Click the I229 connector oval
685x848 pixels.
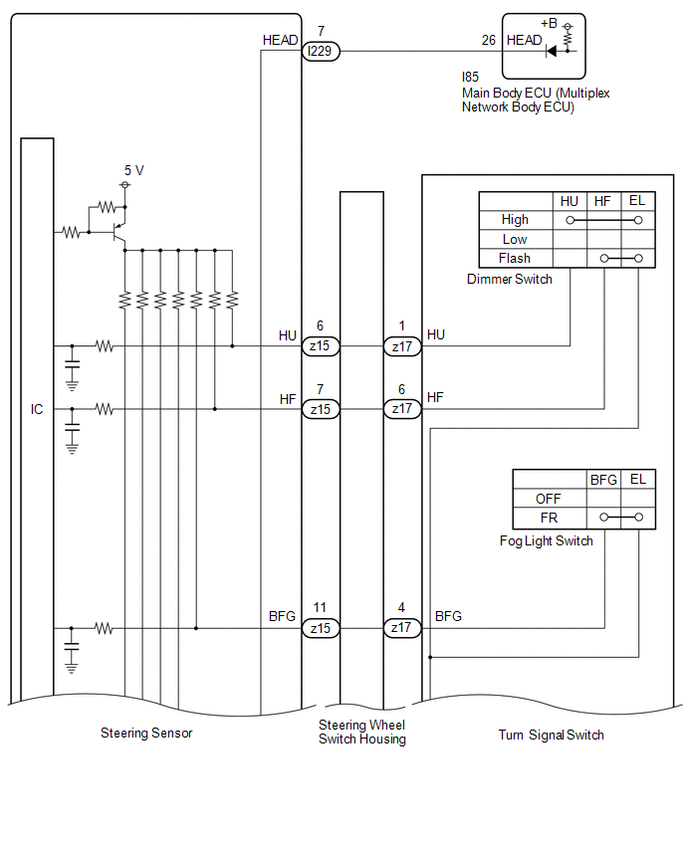tap(321, 52)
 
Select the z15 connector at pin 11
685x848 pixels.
tap(321, 628)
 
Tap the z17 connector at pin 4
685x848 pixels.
tap(402, 628)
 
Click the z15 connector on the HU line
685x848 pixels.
tap(321, 346)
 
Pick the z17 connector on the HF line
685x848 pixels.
tap(402, 409)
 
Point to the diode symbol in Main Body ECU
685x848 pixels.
tap(552, 52)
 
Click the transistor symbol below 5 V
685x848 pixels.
tap(118, 233)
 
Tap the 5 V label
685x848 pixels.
tap(134, 171)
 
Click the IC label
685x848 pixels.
tap(37, 409)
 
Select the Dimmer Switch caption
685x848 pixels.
tap(510, 279)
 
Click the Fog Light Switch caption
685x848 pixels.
tap(547, 540)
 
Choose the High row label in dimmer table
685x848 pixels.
tap(515, 220)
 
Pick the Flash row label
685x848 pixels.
tap(515, 259)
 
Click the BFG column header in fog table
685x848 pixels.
tap(603, 480)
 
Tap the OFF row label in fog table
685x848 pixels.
tap(549, 499)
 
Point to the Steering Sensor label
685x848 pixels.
tap(146, 734)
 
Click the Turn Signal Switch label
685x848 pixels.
tap(552, 735)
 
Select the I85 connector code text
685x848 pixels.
tap(470, 78)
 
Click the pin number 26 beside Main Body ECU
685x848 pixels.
tap(489, 41)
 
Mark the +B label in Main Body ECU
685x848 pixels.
tap(549, 23)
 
